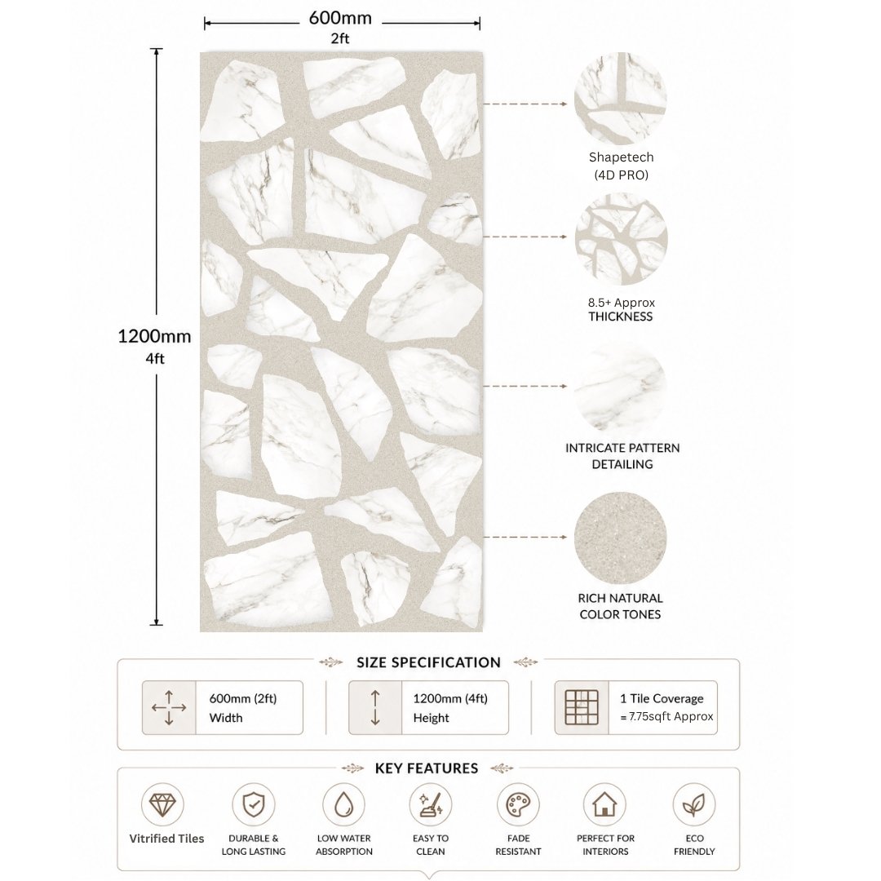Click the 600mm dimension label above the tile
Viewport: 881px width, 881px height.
pos(340,18)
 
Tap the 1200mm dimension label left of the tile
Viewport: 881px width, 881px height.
pos(154,336)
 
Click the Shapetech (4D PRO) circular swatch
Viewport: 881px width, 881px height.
pos(620,99)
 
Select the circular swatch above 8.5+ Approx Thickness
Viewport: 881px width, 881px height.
pos(621,239)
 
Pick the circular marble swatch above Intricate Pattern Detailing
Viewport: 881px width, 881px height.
pos(621,388)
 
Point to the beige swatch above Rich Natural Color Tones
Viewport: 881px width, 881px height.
pos(620,538)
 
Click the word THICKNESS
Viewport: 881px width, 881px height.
pos(620,317)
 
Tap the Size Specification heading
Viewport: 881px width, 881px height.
pos(428,662)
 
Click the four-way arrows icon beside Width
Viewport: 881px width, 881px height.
pos(169,707)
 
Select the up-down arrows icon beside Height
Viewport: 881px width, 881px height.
pos(375,707)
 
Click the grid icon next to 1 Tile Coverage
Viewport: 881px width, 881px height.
pos(582,707)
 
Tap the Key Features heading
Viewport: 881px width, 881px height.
pos(427,768)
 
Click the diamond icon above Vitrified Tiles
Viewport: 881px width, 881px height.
pos(162,804)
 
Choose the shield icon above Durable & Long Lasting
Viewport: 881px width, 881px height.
pos(254,804)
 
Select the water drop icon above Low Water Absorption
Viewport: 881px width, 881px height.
pos(344,804)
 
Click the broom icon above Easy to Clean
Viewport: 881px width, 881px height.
pos(431,804)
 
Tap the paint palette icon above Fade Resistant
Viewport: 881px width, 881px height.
pos(518,804)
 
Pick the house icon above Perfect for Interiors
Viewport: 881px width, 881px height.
pos(604,804)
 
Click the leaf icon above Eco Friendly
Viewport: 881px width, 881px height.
pos(694,804)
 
